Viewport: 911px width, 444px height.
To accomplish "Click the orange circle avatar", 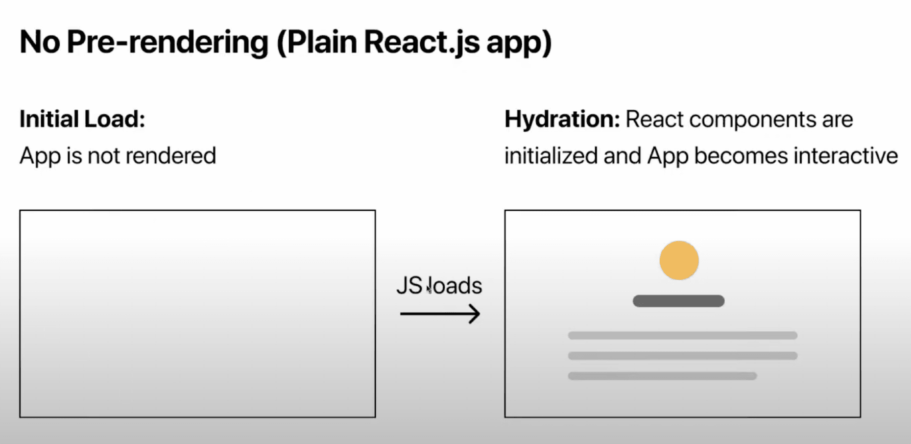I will tap(679, 260).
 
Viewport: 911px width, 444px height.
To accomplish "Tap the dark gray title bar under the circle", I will tap(678, 301).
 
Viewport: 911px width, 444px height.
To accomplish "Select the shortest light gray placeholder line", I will tap(662, 376).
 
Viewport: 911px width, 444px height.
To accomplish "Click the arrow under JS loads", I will tap(440, 314).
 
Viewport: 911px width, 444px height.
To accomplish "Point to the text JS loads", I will tap(439, 286).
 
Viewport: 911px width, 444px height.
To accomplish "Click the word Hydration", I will tap(562, 119).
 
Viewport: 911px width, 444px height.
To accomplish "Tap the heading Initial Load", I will tap(82, 119).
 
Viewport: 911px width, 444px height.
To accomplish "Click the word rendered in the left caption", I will tap(171, 156).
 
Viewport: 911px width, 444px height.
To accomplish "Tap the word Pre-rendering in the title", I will tap(168, 42).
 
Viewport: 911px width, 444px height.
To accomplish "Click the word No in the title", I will tap(39, 42).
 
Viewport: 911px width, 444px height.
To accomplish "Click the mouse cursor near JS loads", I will tap(429, 289).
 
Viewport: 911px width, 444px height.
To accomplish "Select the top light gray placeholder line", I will tap(682, 336).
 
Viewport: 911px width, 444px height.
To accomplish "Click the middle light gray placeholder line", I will tap(682, 356).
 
